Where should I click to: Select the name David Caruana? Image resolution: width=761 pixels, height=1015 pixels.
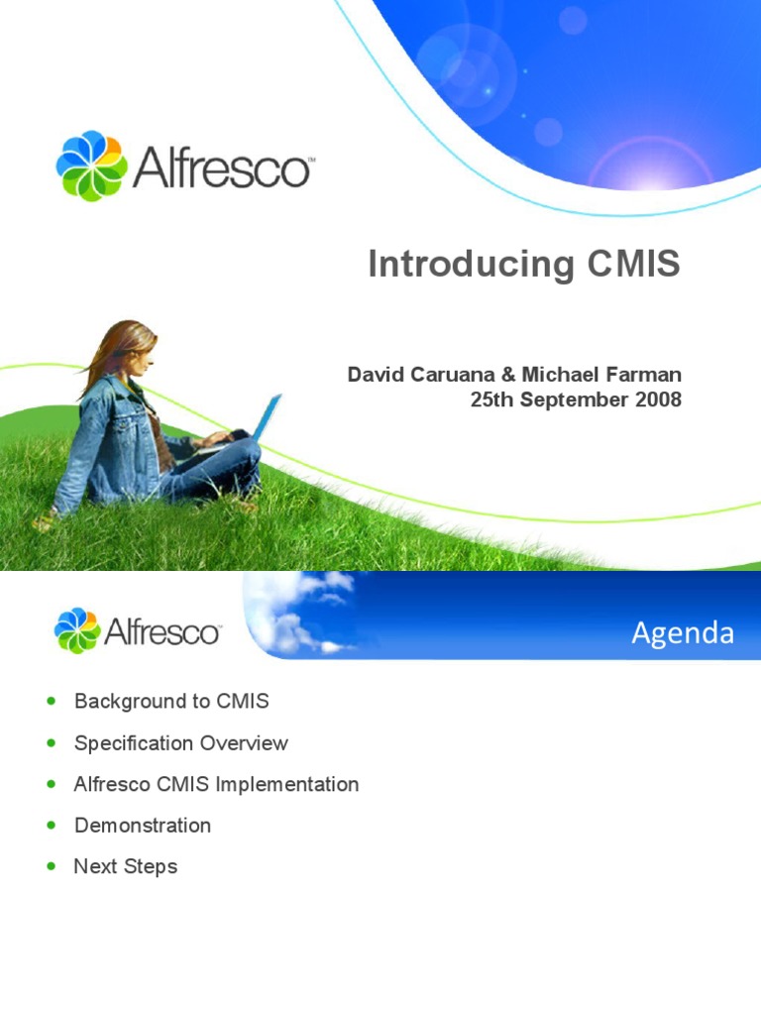coord(405,375)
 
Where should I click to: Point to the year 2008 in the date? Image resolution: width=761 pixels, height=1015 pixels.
coord(657,399)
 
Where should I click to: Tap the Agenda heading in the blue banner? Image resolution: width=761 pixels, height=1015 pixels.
coord(683,632)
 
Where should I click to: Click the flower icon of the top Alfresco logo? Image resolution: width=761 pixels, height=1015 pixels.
coord(91,166)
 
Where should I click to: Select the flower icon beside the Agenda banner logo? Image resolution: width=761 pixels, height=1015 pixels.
coord(77,631)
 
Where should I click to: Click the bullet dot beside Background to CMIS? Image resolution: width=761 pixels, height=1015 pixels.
coord(52,702)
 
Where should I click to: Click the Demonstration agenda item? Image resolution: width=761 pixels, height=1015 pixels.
coord(143,825)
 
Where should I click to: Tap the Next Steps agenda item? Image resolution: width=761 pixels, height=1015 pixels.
coord(126,866)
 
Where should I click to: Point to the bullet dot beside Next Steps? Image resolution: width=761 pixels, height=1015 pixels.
coord(52,866)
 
